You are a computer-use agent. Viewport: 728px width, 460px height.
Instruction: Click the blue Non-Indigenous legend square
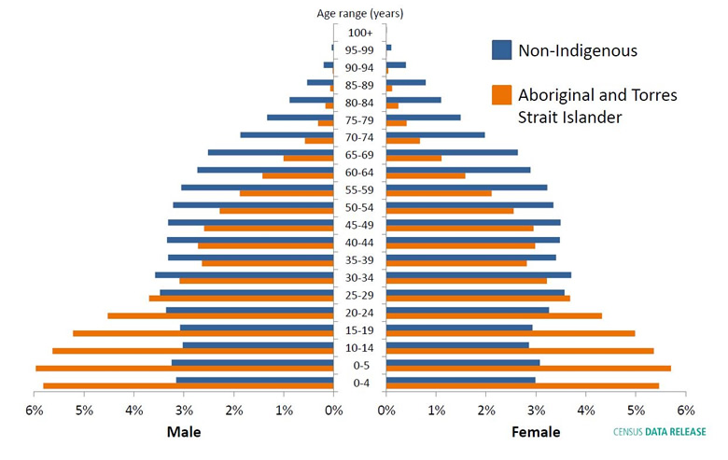click(502, 50)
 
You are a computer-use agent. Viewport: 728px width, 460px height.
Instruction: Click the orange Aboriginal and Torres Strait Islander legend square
click(502, 94)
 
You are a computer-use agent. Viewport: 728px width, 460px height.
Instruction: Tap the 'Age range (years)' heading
click(359, 14)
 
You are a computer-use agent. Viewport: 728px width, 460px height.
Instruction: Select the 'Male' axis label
click(184, 432)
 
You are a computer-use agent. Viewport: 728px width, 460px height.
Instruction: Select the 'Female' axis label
click(536, 432)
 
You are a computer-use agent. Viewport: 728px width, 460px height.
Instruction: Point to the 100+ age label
click(359, 33)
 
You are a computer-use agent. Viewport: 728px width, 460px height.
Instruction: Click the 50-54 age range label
click(359, 206)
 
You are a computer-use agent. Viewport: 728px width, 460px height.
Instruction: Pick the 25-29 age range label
click(359, 295)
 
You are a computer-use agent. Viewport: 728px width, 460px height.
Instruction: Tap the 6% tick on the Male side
click(35, 410)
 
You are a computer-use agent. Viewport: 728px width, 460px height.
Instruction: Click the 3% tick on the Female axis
click(536, 410)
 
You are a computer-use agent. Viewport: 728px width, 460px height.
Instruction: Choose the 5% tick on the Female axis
click(636, 410)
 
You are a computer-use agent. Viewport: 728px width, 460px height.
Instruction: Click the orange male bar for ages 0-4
click(188, 385)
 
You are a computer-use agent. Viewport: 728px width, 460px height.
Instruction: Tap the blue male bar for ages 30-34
click(244, 274)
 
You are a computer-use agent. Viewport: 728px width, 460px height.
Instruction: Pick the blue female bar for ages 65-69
click(452, 152)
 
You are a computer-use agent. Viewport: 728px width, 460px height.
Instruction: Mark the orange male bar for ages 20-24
click(220, 315)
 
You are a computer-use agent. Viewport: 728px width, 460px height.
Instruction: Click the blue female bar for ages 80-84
click(413, 100)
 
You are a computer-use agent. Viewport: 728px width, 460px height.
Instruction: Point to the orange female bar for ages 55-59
click(439, 193)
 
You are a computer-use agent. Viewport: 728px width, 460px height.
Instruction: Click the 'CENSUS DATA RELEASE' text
click(659, 432)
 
